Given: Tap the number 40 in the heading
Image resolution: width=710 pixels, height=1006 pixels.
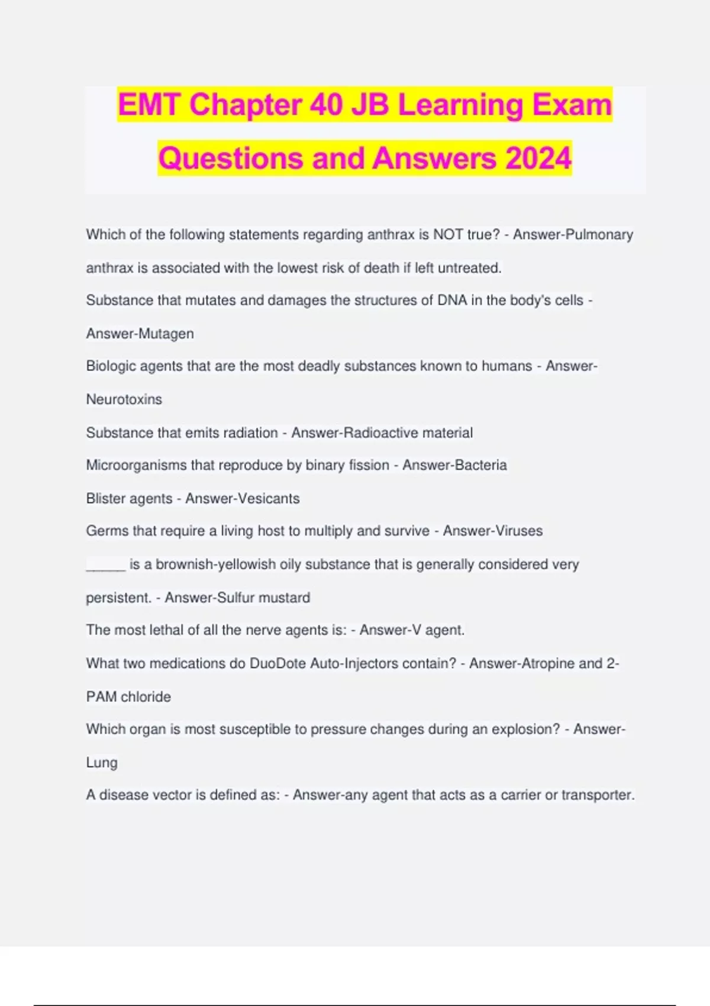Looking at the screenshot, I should tap(325, 105).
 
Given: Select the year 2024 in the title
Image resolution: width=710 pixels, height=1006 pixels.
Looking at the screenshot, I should tap(538, 158).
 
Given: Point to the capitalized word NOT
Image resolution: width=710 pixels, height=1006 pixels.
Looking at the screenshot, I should tap(448, 235).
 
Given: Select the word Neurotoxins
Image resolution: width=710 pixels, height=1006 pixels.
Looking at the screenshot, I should tap(124, 399).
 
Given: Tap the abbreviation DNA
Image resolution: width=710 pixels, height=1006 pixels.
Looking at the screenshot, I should tap(452, 301).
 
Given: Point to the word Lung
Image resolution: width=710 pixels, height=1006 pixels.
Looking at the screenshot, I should tap(102, 763).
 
